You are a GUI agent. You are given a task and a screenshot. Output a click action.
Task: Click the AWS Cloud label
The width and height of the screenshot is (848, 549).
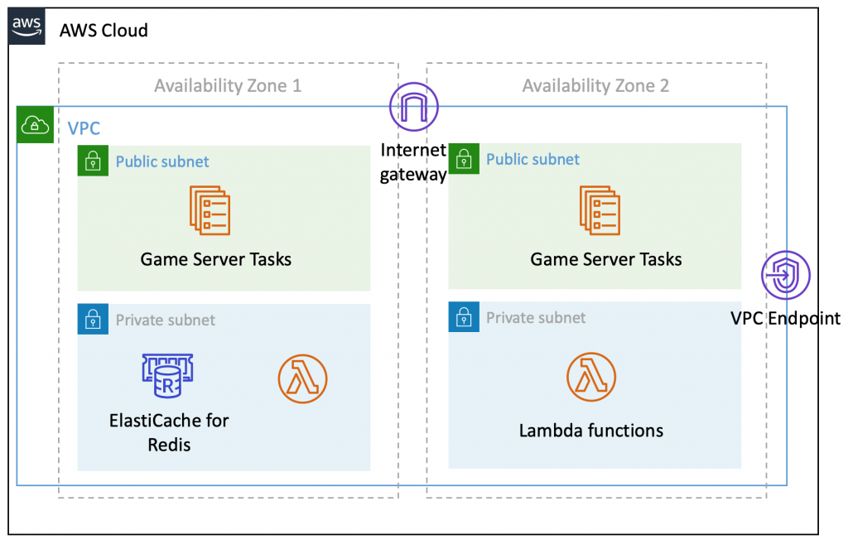point(104,31)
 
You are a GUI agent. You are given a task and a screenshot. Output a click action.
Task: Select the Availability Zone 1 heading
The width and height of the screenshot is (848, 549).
point(228,85)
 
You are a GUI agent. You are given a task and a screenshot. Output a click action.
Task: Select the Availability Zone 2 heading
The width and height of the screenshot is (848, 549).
point(595,85)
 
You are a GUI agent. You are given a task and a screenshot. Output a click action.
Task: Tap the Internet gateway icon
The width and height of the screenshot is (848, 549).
point(413,107)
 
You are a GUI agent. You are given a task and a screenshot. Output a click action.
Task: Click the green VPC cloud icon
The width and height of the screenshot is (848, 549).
point(35,123)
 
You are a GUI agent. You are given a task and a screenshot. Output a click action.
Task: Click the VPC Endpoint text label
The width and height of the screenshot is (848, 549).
point(785,318)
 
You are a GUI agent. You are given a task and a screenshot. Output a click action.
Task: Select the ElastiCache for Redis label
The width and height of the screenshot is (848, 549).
point(169,432)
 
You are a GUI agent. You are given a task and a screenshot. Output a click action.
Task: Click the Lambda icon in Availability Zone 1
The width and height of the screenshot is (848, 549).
point(302,379)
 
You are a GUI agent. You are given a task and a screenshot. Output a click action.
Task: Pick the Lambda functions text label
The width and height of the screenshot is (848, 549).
point(591,431)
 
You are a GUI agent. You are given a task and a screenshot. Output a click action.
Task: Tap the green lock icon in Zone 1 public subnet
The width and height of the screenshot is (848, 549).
point(94,161)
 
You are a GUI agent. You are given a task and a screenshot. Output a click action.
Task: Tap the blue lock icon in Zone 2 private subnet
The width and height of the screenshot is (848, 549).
point(464,317)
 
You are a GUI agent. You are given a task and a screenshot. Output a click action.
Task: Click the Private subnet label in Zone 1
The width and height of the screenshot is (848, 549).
point(165,320)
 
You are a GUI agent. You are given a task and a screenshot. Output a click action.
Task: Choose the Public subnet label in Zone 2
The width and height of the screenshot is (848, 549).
point(532,159)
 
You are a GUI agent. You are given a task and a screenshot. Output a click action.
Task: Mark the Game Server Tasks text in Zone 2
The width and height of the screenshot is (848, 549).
point(606,259)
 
